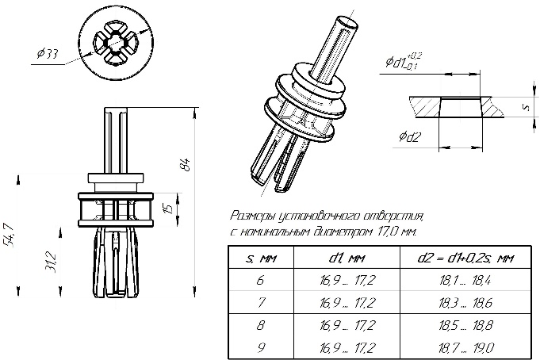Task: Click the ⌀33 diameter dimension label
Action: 48,54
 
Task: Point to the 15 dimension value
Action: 167,209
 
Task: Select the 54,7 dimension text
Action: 9,236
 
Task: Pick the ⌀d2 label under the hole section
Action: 409,136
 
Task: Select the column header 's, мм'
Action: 261,258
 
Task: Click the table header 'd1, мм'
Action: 347,258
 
